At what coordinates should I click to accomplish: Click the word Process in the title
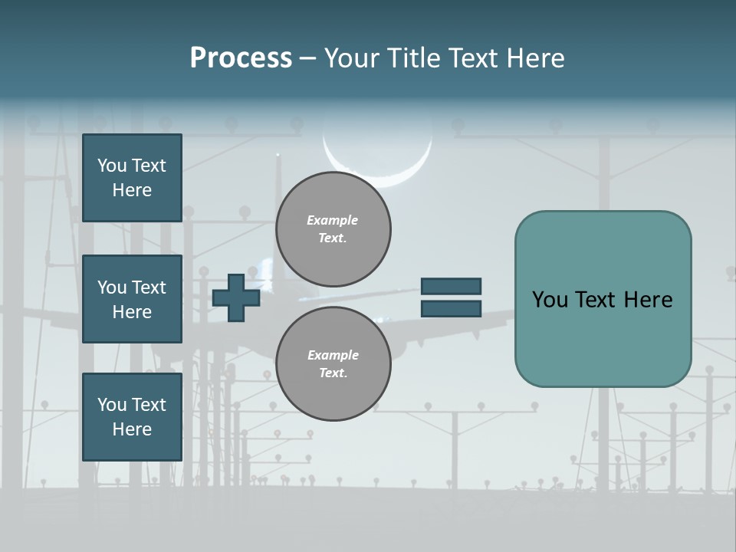click(x=241, y=58)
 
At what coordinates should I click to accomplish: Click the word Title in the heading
click(x=412, y=58)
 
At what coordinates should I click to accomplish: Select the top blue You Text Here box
click(x=132, y=178)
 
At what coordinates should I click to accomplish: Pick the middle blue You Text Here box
click(x=132, y=299)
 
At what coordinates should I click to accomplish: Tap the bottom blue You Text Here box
click(x=132, y=417)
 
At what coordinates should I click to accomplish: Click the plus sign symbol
click(x=236, y=297)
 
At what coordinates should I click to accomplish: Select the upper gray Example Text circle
click(x=333, y=229)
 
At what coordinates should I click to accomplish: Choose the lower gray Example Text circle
click(x=333, y=364)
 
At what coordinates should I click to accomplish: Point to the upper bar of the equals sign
click(x=451, y=287)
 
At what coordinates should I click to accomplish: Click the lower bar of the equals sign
click(x=451, y=308)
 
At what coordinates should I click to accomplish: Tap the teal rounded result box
click(x=603, y=299)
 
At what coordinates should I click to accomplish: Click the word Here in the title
click(x=534, y=58)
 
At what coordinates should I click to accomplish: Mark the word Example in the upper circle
click(x=333, y=221)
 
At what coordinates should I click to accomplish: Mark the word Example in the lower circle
click(x=333, y=356)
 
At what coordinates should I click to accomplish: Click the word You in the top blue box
click(x=111, y=166)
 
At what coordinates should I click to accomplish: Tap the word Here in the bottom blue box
click(x=132, y=429)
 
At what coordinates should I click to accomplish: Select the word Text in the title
click(x=473, y=58)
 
